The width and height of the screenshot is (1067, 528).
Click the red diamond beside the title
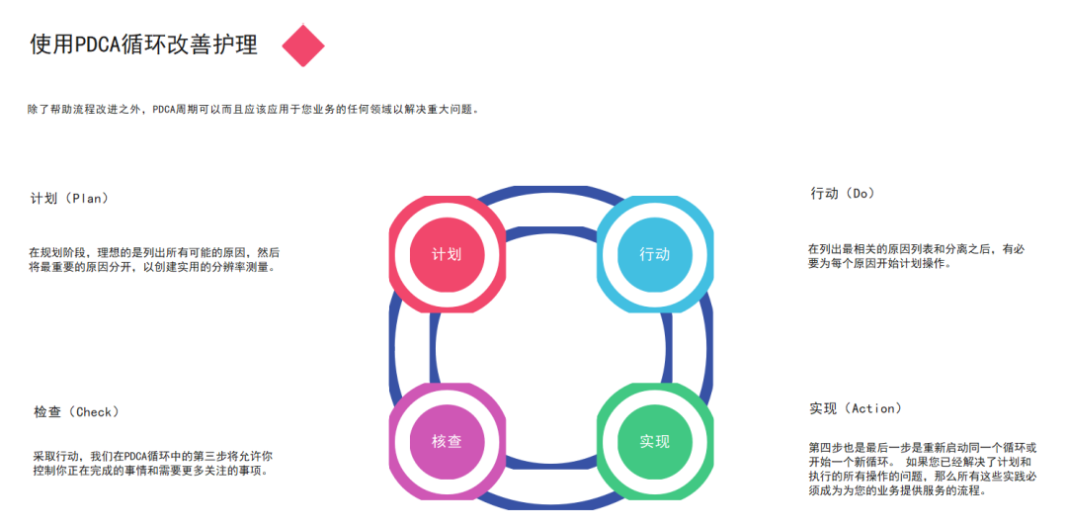[303, 45]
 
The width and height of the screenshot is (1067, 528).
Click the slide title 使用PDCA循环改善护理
[143, 45]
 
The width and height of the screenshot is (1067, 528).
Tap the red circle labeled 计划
[447, 254]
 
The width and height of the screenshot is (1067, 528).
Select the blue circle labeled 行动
[654, 254]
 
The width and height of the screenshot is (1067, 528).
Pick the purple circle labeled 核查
[447, 442]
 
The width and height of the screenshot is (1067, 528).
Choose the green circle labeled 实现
[654, 442]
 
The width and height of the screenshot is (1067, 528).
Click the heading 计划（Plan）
[69, 199]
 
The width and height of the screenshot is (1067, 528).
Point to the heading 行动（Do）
[843, 194]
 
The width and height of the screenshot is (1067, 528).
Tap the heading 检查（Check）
[76, 412]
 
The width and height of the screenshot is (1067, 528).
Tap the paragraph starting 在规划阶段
[154, 260]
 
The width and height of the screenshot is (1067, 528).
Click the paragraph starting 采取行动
[153, 464]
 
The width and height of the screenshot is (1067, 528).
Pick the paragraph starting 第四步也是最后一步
[922, 469]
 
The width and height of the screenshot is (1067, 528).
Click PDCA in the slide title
[98, 45]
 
